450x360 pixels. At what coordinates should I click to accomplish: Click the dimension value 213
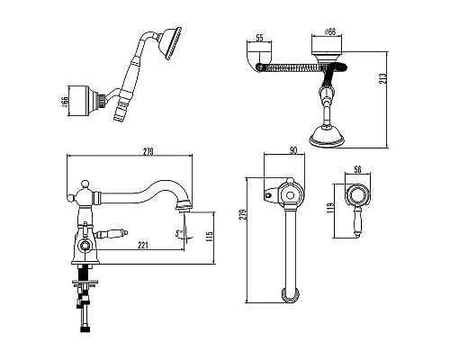point(384,78)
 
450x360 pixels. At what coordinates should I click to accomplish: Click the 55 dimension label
point(259,38)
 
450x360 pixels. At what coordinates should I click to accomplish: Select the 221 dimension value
point(143,245)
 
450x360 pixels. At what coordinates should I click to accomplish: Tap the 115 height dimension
point(210,236)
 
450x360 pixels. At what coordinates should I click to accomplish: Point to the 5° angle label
point(179,233)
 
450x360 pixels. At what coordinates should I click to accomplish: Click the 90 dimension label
point(293,150)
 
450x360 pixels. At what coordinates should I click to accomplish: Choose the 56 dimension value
point(357,170)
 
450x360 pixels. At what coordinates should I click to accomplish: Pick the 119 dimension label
point(330,208)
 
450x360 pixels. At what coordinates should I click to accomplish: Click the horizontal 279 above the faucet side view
point(148,152)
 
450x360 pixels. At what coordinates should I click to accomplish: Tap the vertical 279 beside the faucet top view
point(243,214)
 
